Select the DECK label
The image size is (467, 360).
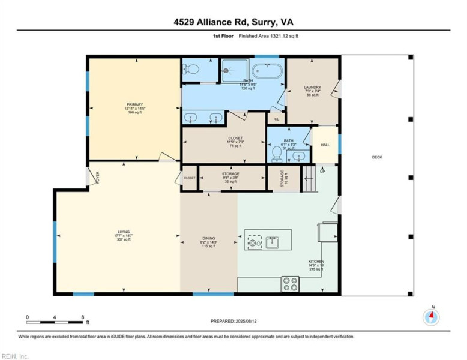377,157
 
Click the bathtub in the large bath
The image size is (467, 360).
266,69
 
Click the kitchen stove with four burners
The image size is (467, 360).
291,283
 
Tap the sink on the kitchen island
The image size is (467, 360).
272,242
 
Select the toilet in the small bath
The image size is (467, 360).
277,154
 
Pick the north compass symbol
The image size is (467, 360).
431,316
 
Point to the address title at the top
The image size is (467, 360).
233,23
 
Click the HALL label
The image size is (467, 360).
325,145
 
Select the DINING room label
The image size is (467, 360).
208,242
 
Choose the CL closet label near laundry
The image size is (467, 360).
276,119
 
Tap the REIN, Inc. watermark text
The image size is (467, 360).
15,356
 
